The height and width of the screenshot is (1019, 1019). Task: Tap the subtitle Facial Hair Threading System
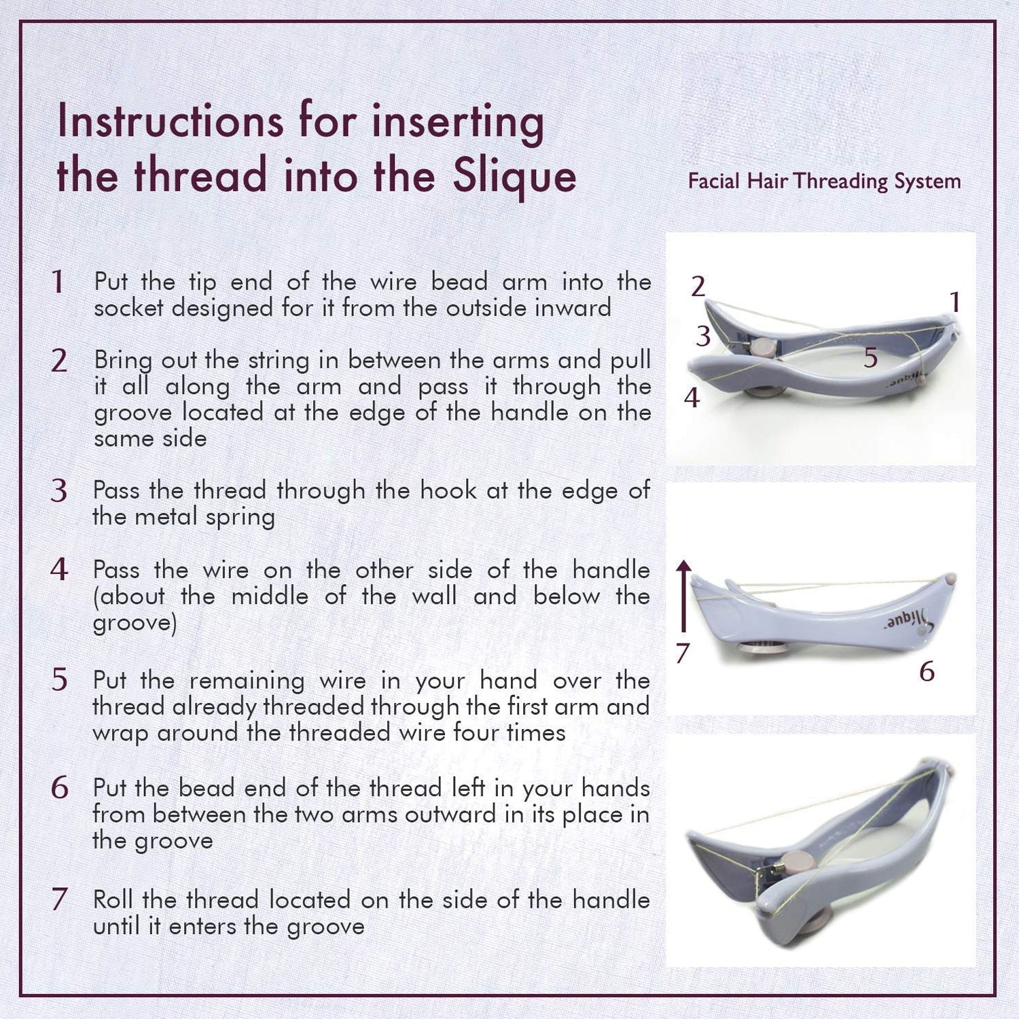[x=824, y=181]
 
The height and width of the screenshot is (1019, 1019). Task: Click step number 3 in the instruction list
[x=59, y=491]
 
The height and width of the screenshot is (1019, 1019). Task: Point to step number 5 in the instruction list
[x=60, y=680]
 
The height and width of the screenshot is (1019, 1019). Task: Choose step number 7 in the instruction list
[x=60, y=899]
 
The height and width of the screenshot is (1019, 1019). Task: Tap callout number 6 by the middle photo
[x=927, y=671]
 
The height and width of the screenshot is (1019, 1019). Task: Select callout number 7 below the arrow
[x=682, y=653]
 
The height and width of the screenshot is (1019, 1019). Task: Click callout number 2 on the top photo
[x=698, y=287]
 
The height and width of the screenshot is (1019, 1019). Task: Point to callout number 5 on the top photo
[x=871, y=357]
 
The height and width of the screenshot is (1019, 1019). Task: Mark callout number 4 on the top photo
[x=692, y=398]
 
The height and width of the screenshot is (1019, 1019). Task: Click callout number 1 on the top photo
[x=954, y=302]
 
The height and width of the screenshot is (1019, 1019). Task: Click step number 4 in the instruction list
[x=59, y=570]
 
